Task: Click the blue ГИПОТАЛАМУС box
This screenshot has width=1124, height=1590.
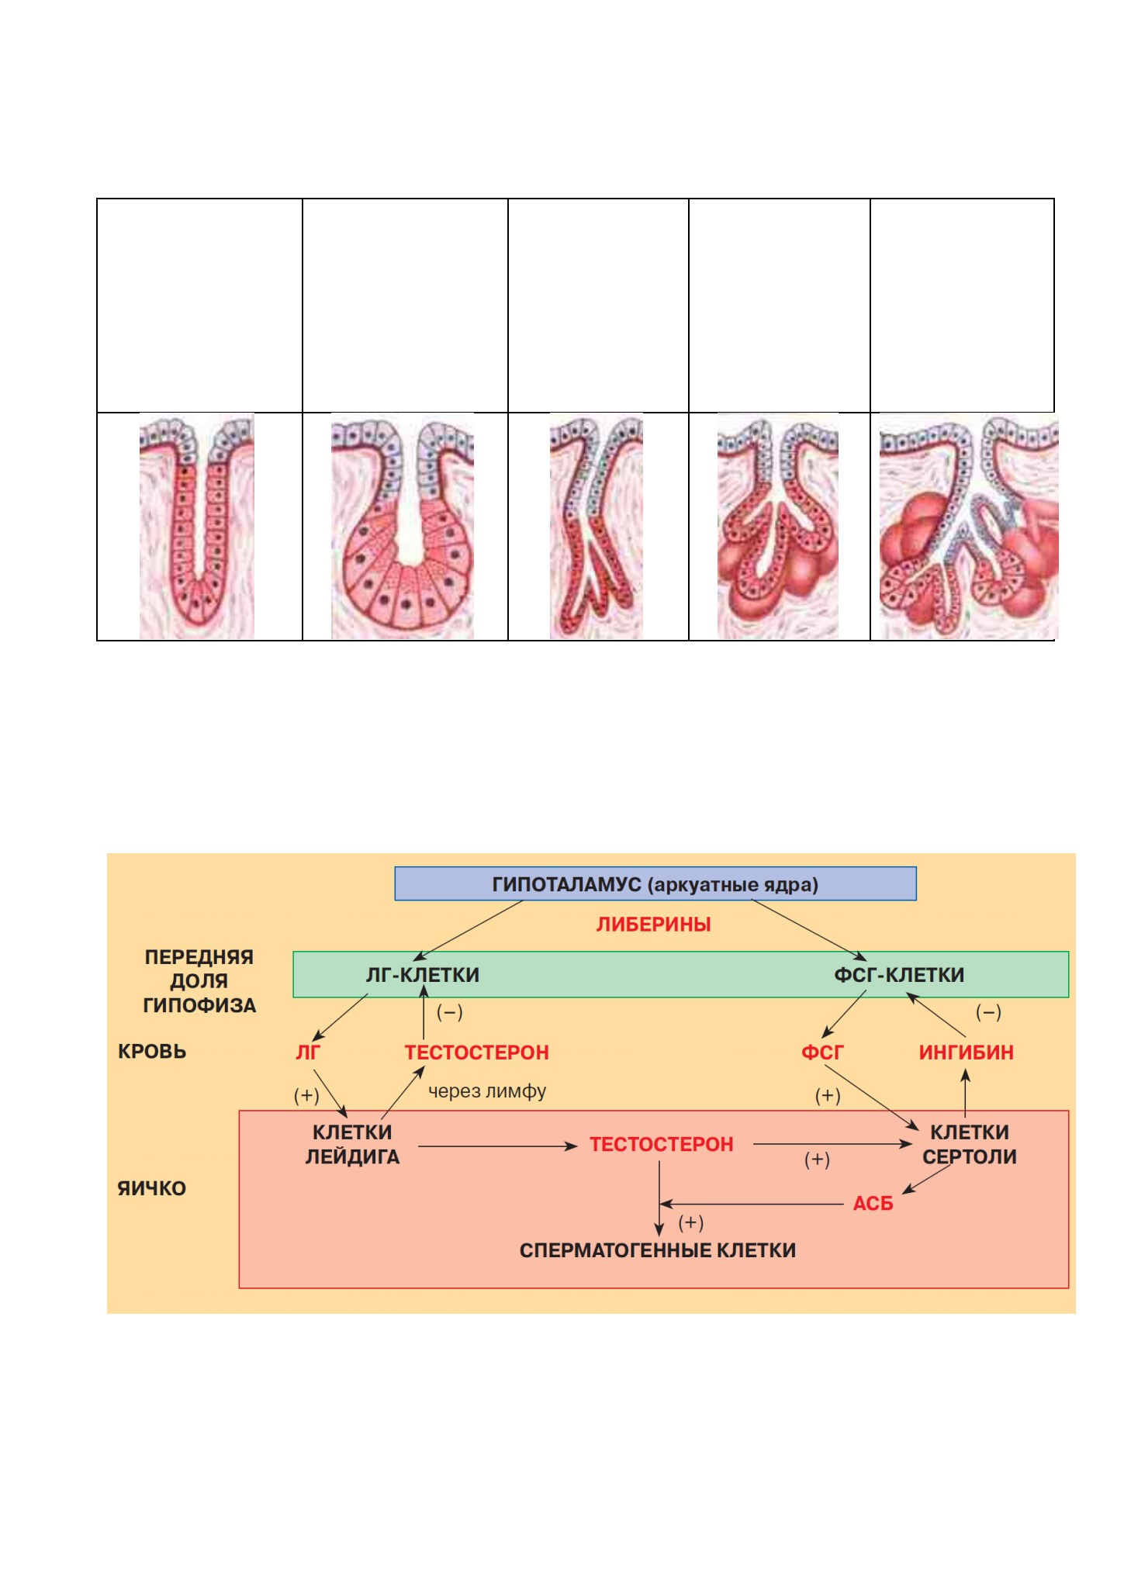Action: pyautogui.click(x=655, y=883)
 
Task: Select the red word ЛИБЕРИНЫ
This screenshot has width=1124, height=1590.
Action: pyautogui.click(x=653, y=925)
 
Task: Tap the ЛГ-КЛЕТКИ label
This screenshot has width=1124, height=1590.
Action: pyautogui.click(x=423, y=975)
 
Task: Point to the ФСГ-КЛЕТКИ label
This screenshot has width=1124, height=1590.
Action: pyautogui.click(x=899, y=975)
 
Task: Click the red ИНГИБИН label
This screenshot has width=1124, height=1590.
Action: pyautogui.click(x=967, y=1053)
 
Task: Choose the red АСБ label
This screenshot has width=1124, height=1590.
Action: pyautogui.click(x=873, y=1204)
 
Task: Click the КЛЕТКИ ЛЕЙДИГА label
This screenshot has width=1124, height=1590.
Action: pyautogui.click(x=352, y=1145)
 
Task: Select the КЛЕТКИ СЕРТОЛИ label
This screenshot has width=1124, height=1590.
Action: pyautogui.click(x=970, y=1145)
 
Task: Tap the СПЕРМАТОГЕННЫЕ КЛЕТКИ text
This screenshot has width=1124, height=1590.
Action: pyautogui.click(x=658, y=1250)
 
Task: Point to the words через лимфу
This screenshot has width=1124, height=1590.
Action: pyautogui.click(x=487, y=1091)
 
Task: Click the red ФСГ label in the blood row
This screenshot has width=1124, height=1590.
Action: pyautogui.click(x=822, y=1053)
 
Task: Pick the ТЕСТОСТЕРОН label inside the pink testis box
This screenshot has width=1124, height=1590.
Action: pyautogui.click(x=662, y=1145)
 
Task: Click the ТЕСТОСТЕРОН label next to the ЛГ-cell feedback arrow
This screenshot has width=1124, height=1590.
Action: pyautogui.click(x=477, y=1053)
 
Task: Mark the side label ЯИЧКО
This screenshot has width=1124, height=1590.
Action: pyautogui.click(x=152, y=1188)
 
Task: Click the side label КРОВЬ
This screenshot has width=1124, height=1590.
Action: pyautogui.click(x=152, y=1052)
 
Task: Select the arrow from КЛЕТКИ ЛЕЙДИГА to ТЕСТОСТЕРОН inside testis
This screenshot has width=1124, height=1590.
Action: pyautogui.click(x=498, y=1146)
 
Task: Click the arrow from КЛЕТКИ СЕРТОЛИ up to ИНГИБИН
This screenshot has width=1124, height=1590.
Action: pyautogui.click(x=966, y=1094)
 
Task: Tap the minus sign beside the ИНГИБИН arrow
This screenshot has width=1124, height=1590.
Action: pyautogui.click(x=988, y=1012)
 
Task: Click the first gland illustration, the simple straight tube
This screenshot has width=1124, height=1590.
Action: pyautogui.click(x=197, y=527)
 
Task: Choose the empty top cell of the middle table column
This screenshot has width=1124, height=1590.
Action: pyautogui.click(x=598, y=306)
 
